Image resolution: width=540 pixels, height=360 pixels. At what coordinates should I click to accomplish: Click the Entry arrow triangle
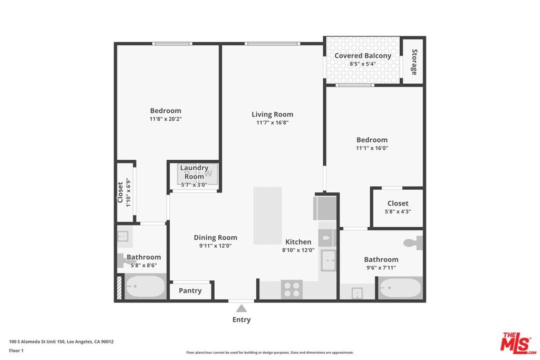pos(242,308)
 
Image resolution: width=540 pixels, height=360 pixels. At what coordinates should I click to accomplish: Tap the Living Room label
pos(273,114)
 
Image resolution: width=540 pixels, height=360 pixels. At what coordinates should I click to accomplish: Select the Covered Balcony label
pos(363,56)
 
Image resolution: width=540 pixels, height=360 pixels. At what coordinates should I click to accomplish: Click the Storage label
pos(414,62)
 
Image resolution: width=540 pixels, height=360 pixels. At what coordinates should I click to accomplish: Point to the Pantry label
pos(190,291)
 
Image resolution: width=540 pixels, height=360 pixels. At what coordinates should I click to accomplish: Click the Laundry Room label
pos(194,172)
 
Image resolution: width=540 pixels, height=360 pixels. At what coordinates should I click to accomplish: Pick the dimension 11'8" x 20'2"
pos(166,119)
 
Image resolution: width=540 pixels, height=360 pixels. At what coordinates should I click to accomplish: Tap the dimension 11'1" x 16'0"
pos(372,148)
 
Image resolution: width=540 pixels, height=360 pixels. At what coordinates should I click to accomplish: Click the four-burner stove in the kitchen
pos(292,289)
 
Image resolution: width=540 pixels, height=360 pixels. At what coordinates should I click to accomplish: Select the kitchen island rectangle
pos(267,216)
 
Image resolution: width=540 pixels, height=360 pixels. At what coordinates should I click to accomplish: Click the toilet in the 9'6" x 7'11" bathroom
pos(413,242)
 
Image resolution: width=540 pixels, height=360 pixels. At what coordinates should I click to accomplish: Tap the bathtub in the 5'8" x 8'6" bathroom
pos(146,286)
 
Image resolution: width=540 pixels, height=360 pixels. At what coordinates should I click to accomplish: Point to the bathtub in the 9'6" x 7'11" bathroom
pos(401,288)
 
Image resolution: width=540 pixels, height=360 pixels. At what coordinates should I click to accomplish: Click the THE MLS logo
pos(518,343)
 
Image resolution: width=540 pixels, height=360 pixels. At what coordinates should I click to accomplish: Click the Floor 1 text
pos(16,351)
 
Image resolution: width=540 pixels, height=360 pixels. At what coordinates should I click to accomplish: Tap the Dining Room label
pos(215,238)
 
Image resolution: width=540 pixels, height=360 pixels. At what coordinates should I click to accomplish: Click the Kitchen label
pos(298,242)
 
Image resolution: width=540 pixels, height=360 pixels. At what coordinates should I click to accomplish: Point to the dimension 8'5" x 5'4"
pos(363,64)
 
